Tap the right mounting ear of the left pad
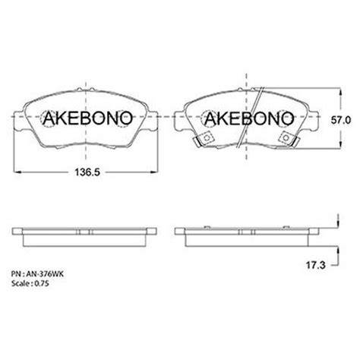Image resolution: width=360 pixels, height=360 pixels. [154, 118]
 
